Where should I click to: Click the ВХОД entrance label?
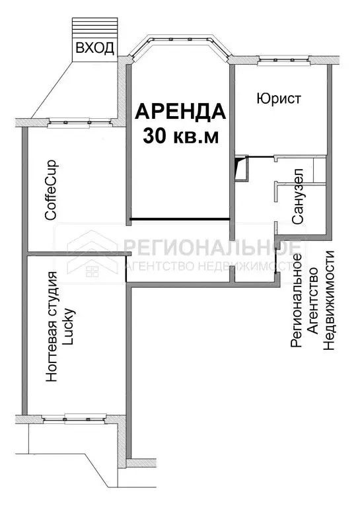(95, 48)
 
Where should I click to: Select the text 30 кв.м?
(180, 135)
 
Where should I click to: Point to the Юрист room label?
(278, 99)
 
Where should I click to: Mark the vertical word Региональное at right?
(297, 300)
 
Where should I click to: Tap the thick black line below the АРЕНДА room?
(179, 219)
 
